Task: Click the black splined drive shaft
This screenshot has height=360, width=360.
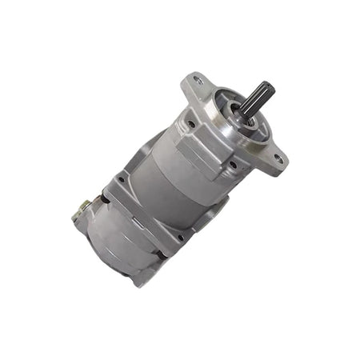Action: click(x=257, y=101)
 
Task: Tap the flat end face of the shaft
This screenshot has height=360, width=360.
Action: click(x=267, y=87)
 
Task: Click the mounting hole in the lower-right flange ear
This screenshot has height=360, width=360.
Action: click(x=278, y=159)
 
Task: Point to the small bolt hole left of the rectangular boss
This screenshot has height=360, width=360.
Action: click(x=191, y=124)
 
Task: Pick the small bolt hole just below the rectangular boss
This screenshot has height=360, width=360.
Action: click(x=232, y=165)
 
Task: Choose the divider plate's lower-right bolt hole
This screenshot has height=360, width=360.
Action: click(x=181, y=238)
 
